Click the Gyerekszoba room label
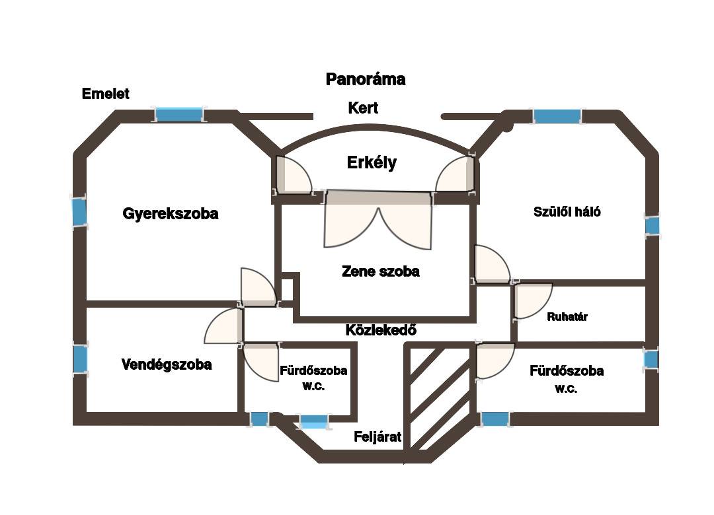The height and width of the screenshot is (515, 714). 171,214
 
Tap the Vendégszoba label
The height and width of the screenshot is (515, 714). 167,364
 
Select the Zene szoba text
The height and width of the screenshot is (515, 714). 380,271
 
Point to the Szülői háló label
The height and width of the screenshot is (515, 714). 567,212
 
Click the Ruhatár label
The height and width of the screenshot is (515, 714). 567,317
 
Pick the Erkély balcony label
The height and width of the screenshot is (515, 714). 372,162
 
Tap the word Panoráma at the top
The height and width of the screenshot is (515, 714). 366,80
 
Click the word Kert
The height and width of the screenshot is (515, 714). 363,108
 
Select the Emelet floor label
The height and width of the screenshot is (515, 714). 105,94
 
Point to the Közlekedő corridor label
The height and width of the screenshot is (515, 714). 381,330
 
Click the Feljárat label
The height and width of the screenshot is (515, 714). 377,436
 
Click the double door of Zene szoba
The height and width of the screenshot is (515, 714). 377,221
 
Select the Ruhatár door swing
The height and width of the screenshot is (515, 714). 531,300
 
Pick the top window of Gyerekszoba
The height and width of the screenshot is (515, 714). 178,115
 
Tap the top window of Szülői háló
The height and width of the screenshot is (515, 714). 557,117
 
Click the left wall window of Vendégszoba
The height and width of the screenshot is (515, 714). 80,359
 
